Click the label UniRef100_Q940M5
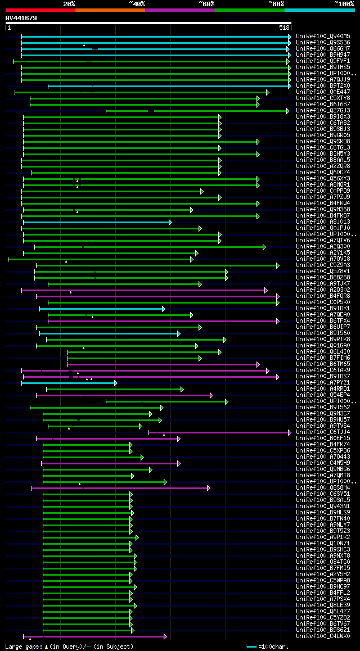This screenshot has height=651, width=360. [x=323, y=36]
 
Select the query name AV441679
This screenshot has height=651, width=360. [x=21, y=18]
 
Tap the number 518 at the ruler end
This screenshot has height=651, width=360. [x=284, y=28]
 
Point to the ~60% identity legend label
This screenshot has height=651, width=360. [x=206, y=3]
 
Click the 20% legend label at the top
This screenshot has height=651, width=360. [x=69, y=3]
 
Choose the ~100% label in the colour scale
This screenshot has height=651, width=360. [x=344, y=3]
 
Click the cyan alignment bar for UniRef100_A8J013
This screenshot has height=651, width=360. [x=96, y=222]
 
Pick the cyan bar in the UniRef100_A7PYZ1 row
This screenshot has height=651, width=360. [x=67, y=383]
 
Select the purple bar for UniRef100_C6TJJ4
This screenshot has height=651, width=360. [x=219, y=432]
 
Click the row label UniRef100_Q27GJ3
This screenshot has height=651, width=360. [x=323, y=110]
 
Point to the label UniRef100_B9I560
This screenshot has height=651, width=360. [x=323, y=333]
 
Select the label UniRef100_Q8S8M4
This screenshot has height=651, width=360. [x=323, y=488]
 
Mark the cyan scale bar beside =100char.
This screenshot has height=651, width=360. [x=251, y=647]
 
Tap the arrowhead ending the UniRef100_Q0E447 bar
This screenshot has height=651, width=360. [x=268, y=92]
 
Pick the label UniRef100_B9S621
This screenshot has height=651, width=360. [x=323, y=630]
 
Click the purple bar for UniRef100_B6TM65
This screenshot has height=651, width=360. [x=163, y=364]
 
